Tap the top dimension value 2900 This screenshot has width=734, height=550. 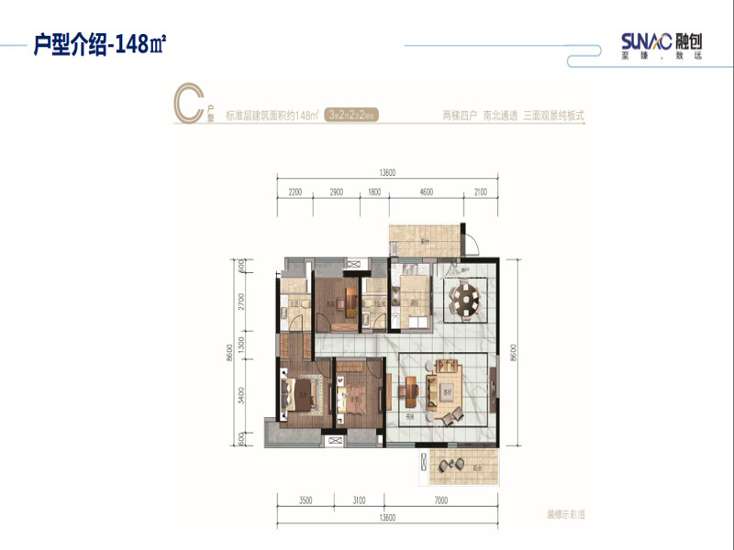pos(336,192)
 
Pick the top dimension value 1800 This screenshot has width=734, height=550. pos(374,192)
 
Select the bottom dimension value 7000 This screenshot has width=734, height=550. pos(441,500)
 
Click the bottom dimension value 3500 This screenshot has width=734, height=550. pos(306,500)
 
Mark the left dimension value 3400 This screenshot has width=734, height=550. pos(240,396)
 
